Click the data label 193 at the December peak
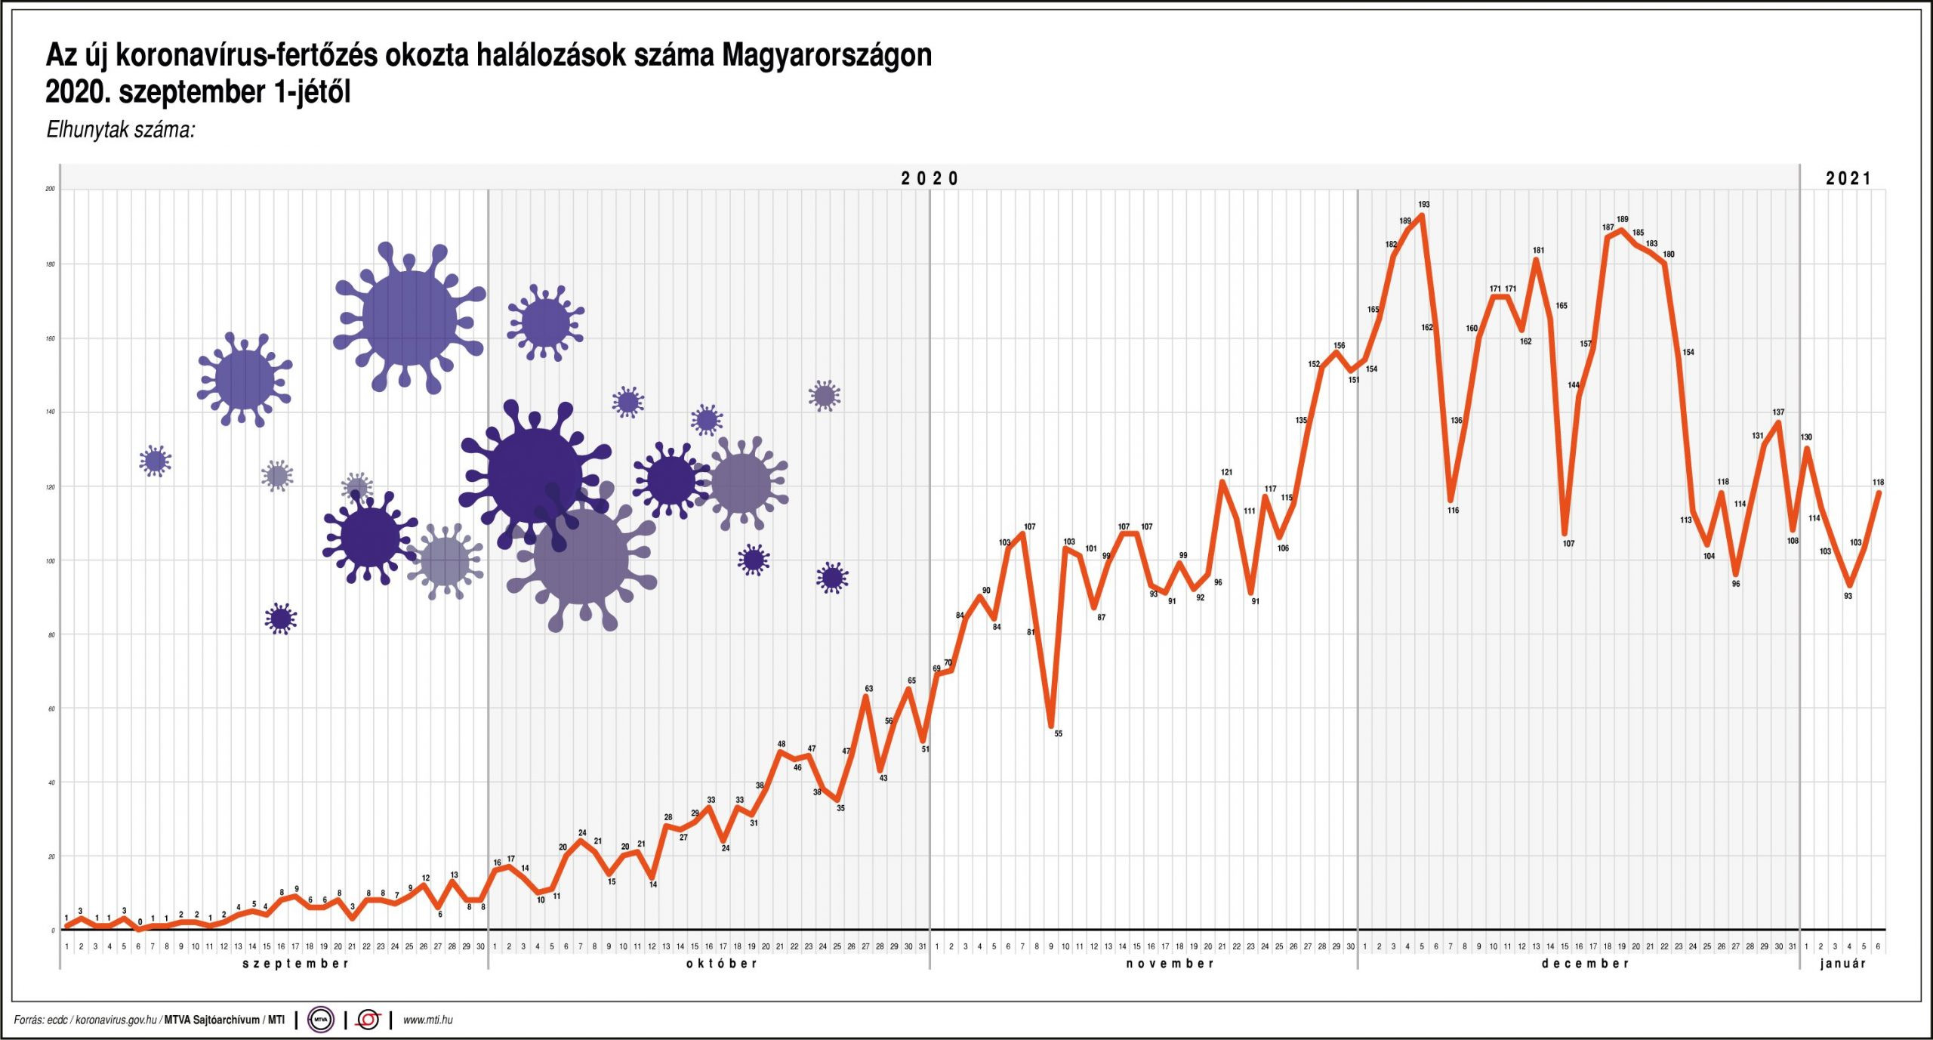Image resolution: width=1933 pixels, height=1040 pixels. [x=1423, y=205]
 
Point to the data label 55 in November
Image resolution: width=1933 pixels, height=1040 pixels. [x=1058, y=733]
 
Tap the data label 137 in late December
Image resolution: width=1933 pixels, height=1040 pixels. [x=1778, y=412]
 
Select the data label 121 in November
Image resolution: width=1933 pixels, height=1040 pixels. [x=1226, y=473]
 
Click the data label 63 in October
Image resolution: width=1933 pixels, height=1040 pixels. [x=869, y=689]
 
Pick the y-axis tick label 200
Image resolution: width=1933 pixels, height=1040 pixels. [x=51, y=189]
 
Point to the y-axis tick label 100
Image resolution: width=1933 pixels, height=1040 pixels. [x=51, y=561]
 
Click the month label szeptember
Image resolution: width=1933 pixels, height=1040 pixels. [x=295, y=964]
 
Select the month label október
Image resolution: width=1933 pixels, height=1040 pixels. [x=721, y=964]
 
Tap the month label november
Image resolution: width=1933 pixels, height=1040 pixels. [x=1170, y=964]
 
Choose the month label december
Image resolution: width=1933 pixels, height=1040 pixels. [x=1585, y=964]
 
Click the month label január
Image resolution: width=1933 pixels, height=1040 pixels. [x=1842, y=964]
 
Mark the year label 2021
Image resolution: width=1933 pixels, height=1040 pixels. [x=1848, y=179]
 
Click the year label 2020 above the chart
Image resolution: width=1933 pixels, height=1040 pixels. [x=930, y=179]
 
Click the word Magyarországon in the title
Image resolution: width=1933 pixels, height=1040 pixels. [x=827, y=56]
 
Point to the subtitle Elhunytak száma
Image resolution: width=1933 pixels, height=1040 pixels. [x=121, y=130]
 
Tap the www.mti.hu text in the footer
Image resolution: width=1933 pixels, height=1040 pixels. [x=427, y=1020]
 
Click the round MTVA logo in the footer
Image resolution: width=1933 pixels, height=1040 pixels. [x=321, y=1020]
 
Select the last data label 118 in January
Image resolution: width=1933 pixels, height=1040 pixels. [x=1878, y=483]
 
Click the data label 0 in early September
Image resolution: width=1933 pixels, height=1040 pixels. [x=140, y=922]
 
